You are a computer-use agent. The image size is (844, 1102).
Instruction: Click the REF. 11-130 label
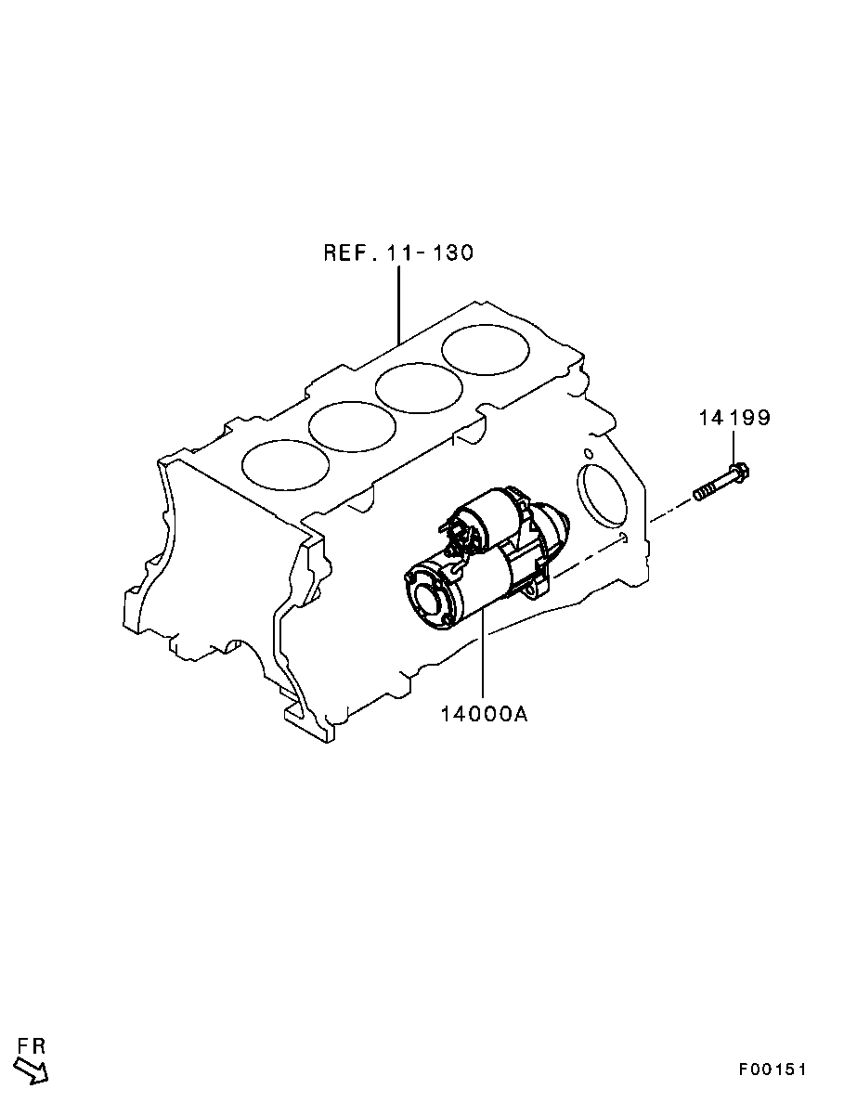click(398, 253)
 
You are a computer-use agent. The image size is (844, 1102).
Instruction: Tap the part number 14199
click(734, 418)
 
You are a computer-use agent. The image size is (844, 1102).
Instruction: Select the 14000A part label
click(484, 714)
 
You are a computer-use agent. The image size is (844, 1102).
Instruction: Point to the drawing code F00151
click(772, 1070)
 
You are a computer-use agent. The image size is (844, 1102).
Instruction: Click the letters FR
click(32, 1045)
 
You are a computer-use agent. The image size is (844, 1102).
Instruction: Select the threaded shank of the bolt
click(712, 488)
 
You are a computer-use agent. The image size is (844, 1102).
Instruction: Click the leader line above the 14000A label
click(484, 657)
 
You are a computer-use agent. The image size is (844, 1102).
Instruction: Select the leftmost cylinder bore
click(285, 464)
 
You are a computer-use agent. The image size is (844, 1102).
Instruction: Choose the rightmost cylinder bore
click(486, 350)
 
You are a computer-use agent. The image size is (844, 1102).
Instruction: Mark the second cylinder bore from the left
click(351, 427)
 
